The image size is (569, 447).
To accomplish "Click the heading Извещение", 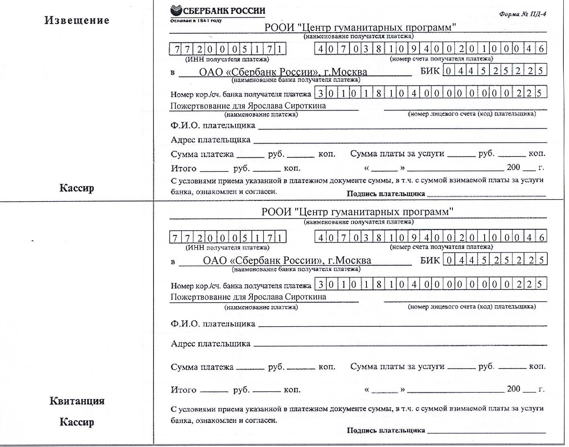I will [77, 21].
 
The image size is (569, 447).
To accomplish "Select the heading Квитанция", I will [77, 401].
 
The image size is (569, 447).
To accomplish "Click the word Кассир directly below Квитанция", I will [77, 422].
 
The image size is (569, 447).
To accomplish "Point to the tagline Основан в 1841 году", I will [196, 20].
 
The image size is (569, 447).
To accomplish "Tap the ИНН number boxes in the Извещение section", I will [227, 49].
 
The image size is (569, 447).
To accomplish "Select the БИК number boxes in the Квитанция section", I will [495, 260].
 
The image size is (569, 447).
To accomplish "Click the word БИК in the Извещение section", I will [430, 71].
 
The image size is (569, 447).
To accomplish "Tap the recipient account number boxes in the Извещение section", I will [430, 49].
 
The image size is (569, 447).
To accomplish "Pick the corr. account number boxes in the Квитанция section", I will [430, 284].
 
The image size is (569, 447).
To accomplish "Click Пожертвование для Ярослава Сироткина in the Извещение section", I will [248, 106].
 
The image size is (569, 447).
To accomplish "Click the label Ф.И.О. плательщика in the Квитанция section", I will [213, 324].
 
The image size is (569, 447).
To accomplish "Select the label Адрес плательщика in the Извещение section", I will [210, 140].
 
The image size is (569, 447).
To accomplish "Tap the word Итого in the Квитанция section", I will [183, 390].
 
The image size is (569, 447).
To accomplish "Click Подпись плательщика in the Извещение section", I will [385, 194].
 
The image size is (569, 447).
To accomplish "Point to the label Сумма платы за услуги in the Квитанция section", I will [397, 367].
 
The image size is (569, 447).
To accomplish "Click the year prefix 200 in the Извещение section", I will [513, 167].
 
